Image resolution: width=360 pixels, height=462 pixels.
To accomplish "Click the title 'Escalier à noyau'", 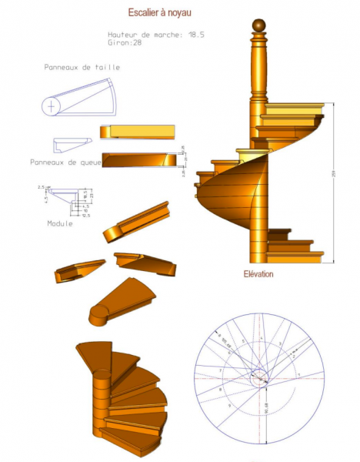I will click(158, 13).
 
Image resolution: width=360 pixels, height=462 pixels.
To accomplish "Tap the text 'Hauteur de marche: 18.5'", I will click(156, 35).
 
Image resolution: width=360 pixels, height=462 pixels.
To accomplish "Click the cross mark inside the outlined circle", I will click(52, 105).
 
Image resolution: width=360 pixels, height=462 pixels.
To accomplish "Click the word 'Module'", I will click(60, 223).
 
